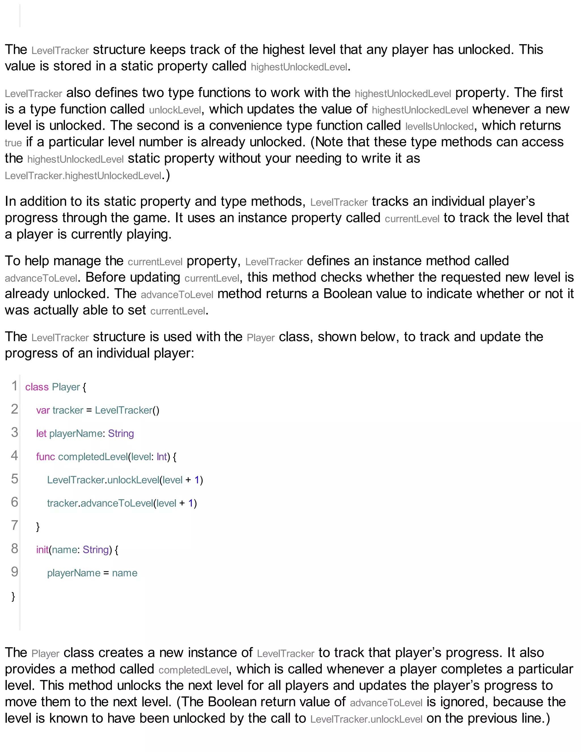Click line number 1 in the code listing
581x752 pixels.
point(14,386)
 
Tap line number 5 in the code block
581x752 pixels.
point(14,479)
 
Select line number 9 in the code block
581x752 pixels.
point(14,572)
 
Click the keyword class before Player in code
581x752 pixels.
point(37,387)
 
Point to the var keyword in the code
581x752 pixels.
point(43,410)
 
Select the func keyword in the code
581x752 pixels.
point(45,457)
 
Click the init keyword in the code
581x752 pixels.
point(42,550)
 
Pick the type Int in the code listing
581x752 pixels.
point(161,457)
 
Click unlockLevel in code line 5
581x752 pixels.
point(133,480)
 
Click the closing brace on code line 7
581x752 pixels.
point(38,527)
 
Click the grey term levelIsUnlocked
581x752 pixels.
point(439,126)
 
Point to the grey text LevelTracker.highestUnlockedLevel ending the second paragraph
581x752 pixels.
point(83,176)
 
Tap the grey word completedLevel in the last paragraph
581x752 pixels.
point(193,670)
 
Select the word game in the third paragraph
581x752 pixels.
point(154,218)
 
